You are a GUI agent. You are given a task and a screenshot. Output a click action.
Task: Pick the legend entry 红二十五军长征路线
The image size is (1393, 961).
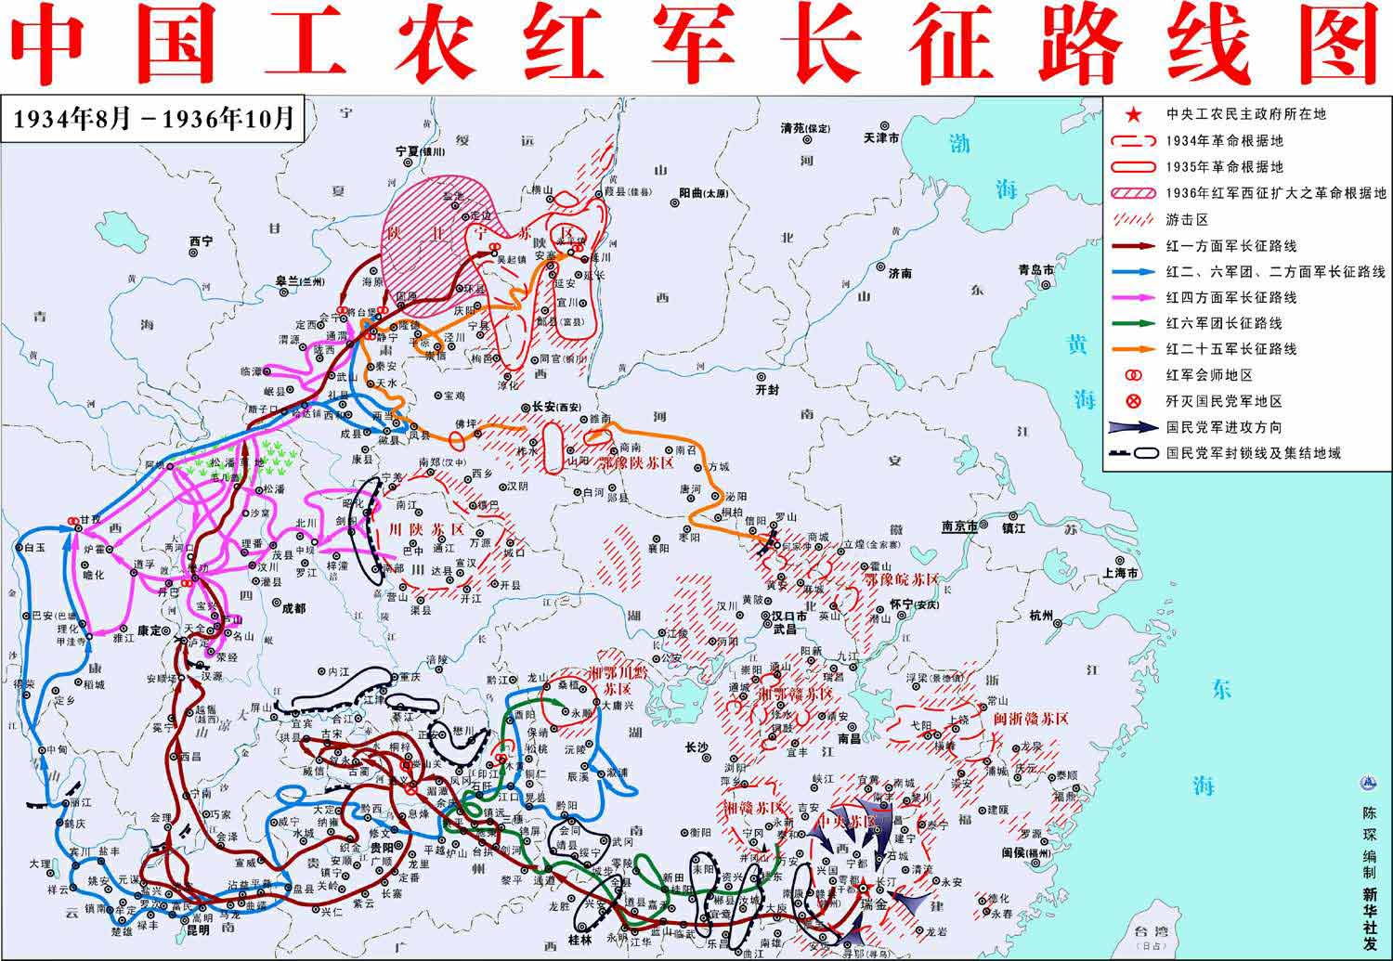[1231, 349]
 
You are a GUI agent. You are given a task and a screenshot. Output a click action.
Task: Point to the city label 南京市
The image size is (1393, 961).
[959, 526]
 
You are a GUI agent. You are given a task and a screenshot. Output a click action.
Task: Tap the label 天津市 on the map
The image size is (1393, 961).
[880, 137]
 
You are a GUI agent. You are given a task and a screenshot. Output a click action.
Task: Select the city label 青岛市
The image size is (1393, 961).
[1035, 269]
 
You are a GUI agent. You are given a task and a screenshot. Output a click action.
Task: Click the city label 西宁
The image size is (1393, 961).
[201, 241]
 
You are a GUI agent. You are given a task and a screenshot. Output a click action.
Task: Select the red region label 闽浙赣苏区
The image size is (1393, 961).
[1031, 718]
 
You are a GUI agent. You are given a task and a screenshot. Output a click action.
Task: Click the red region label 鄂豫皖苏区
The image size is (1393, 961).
[901, 578]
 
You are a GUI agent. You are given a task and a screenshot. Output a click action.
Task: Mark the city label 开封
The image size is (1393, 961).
[768, 391]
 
